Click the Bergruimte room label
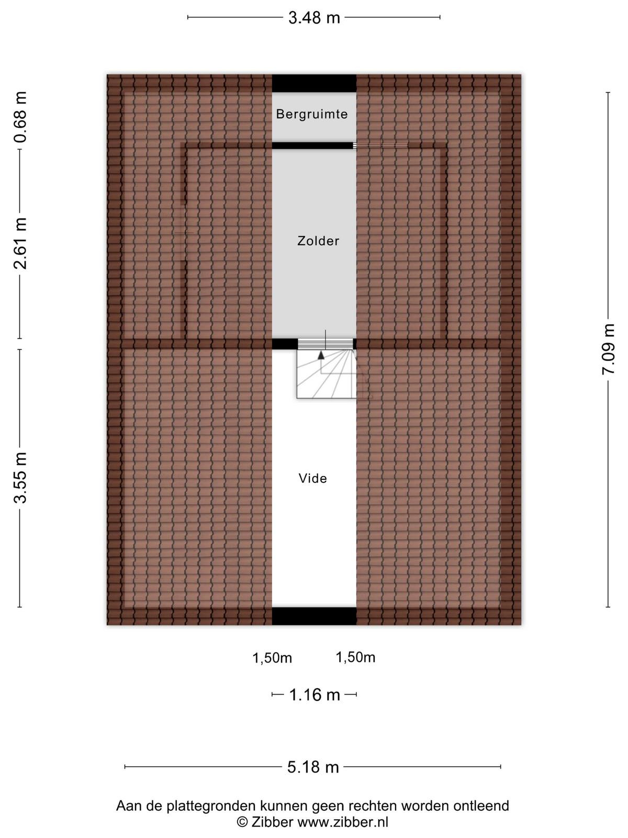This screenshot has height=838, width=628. point(312,114)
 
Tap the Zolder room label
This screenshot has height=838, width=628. point(318,241)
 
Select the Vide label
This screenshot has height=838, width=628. point(312,478)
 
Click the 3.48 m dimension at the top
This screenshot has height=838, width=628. point(314,18)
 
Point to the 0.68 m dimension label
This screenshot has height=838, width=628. point(20,117)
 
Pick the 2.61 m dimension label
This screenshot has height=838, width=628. point(20,244)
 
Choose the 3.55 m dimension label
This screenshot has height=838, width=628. point(20,478)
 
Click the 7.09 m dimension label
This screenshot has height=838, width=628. point(608,349)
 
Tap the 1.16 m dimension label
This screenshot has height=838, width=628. point(315,695)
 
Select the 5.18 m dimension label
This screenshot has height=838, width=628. point(313,767)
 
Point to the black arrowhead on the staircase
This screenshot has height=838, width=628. point(321,355)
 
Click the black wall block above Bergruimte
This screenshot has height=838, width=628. point(314,83)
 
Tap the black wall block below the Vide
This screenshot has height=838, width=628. point(314,616)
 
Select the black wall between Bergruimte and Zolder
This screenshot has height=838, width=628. point(312,146)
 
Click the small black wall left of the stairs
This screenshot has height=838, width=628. point(285,344)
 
